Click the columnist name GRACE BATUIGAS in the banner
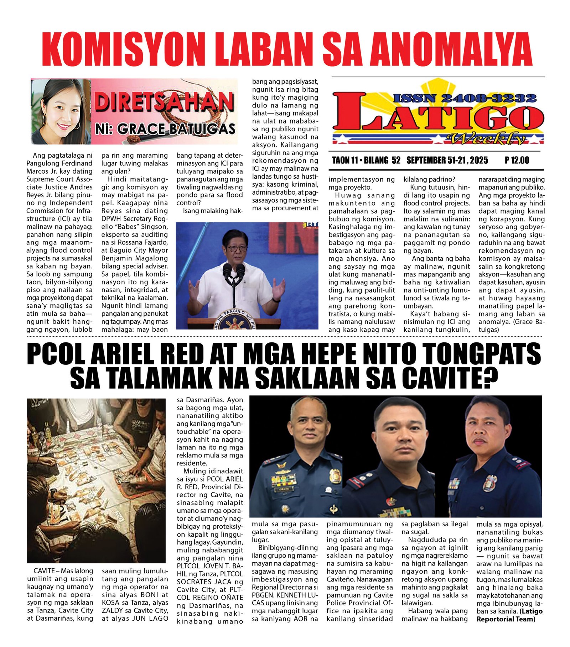point(176,129)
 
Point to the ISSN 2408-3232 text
point(465,98)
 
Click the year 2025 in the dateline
point(479,160)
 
